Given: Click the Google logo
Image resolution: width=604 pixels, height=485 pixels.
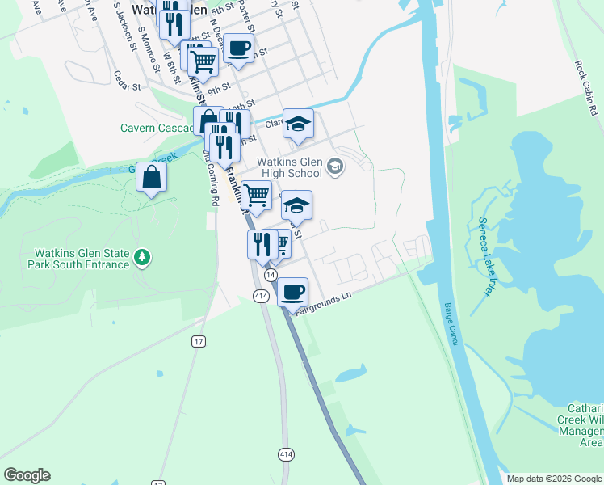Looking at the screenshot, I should (x=27, y=475).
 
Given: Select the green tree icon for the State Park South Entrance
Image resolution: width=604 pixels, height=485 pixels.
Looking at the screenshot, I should (x=143, y=257).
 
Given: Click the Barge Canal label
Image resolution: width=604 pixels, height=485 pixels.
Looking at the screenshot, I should (x=451, y=324).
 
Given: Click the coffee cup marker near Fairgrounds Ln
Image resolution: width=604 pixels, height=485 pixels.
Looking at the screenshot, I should (x=293, y=290).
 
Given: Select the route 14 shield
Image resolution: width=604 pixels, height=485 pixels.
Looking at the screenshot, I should (x=270, y=275).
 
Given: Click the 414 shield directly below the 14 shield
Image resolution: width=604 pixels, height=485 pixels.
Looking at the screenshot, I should (x=260, y=297).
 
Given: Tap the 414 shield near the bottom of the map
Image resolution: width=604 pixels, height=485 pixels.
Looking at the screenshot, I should (x=286, y=454).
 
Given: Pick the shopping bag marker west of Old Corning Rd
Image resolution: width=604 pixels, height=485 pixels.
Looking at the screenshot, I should (x=151, y=177).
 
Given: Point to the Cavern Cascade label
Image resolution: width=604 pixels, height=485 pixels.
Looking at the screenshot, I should (x=156, y=127).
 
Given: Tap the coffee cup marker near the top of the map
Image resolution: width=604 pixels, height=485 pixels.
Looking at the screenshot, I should (x=237, y=47).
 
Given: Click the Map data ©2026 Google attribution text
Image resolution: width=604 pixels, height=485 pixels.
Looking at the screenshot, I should (x=554, y=479).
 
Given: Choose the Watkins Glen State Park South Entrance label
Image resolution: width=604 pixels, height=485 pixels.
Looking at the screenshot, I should (x=78, y=258).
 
